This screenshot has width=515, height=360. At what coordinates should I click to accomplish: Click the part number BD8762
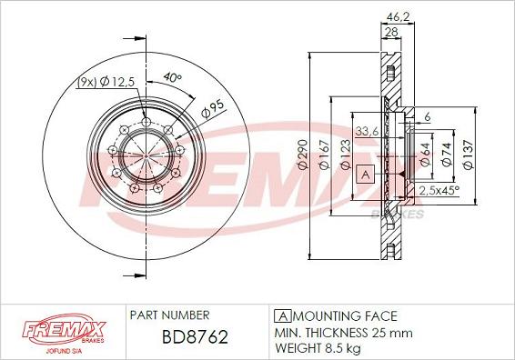tap(195, 336)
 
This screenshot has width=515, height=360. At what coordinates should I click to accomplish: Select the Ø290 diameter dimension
tap(303, 155)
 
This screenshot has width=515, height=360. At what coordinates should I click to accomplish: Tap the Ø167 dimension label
tap(325, 155)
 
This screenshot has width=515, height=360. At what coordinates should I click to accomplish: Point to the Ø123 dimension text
tap(346, 155)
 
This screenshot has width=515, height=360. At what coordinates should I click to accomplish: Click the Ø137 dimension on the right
tap(469, 155)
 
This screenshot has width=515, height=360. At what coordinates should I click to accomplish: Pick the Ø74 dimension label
tap(447, 155)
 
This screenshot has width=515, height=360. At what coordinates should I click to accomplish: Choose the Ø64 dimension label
tap(425, 155)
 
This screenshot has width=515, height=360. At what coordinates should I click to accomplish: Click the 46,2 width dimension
tap(398, 16)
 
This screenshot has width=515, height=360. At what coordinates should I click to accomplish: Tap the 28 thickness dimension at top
tap(391, 32)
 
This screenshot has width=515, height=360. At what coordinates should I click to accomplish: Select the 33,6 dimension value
tap(368, 131)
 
